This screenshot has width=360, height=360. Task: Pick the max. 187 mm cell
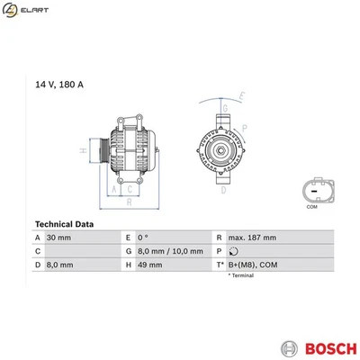click(x=252, y=237)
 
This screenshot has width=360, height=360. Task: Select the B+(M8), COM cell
click(x=254, y=265)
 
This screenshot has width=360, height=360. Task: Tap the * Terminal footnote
click(x=240, y=275)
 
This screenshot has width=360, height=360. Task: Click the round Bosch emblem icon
click(x=289, y=348)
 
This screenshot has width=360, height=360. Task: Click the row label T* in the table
click(x=220, y=265)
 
